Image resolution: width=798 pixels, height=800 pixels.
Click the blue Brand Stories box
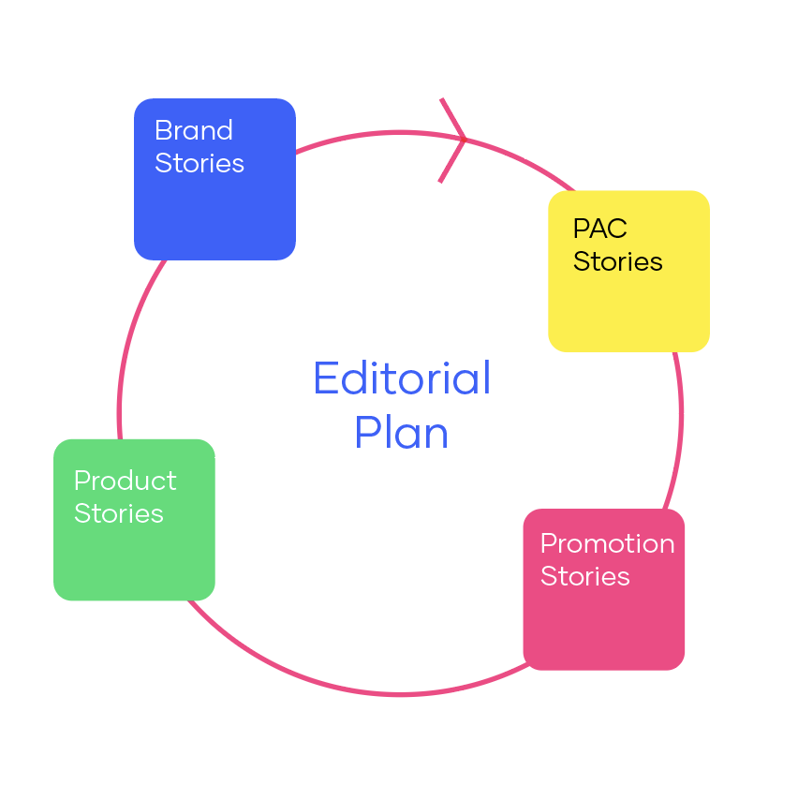214,206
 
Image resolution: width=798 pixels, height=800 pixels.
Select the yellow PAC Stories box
628,300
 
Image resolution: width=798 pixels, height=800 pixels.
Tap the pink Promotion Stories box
604,618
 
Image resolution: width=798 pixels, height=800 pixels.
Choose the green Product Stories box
134,553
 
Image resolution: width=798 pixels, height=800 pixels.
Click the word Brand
194,130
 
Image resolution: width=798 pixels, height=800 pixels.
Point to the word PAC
599,229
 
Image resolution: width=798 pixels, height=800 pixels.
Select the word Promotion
607,543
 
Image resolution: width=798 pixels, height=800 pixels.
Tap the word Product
125,481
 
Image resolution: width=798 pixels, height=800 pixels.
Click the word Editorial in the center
402,378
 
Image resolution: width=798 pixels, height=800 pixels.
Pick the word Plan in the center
401,433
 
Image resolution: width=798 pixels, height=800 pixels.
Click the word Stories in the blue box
199,163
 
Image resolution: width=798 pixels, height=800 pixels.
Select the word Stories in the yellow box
617,261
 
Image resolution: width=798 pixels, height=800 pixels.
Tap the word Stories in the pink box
584,576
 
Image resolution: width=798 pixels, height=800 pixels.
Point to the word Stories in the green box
119,513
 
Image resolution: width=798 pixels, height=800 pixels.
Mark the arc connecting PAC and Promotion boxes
680,412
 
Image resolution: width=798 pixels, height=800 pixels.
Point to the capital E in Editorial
324,378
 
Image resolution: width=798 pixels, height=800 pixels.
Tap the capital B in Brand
162,130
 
